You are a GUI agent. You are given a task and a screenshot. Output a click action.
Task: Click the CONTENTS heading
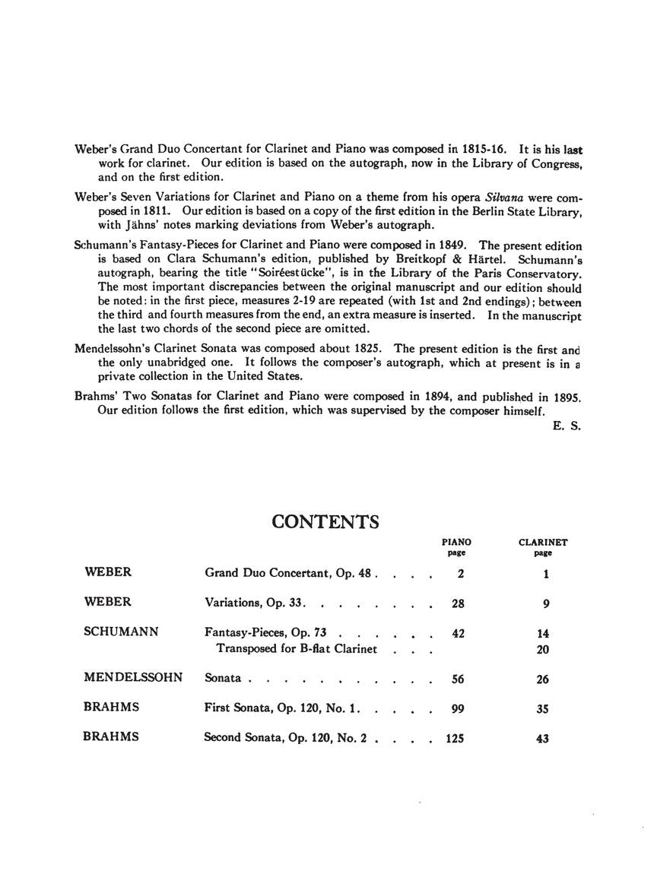point(325,521)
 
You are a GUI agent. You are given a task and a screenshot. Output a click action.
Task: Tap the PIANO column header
point(456,542)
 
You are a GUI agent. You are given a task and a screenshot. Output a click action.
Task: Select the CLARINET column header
point(543,542)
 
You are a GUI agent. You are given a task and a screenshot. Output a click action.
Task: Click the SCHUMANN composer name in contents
point(121,631)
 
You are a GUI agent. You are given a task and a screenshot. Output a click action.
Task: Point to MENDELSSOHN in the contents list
point(133,677)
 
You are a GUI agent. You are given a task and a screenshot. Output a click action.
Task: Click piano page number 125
point(455,738)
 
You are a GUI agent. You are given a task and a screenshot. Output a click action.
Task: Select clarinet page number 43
point(542,738)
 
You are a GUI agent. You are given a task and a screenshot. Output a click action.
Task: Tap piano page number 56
point(458,679)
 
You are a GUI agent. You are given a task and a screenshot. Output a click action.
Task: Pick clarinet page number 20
point(542,649)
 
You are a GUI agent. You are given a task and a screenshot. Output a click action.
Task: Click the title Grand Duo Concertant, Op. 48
point(288,573)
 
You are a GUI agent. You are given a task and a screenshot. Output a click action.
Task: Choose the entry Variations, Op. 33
point(255,603)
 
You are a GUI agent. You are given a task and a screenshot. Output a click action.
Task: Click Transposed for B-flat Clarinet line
point(297,648)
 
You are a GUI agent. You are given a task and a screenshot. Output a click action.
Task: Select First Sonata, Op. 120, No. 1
point(281,708)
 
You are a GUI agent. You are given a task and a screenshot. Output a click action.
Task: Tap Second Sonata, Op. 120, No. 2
point(286,737)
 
